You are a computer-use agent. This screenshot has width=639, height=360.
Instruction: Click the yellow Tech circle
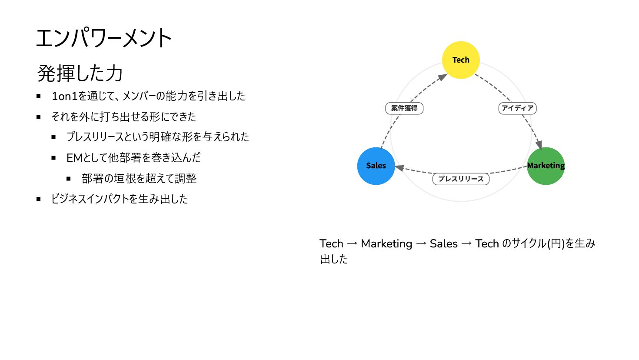pyautogui.click(x=461, y=60)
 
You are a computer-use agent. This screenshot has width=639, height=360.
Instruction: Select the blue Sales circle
pyautogui.click(x=376, y=166)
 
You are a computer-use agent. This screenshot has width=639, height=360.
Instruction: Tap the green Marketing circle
pyautogui.click(x=546, y=166)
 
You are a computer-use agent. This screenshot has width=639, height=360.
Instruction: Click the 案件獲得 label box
pyautogui.click(x=404, y=108)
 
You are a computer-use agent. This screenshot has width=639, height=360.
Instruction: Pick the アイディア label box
pyautogui.click(x=517, y=108)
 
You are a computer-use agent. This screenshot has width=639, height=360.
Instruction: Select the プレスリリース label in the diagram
pyautogui.click(x=461, y=179)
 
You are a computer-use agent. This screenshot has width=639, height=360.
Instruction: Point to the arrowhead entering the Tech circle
pyautogui.click(x=443, y=77)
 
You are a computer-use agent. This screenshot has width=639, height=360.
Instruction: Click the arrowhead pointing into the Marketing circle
pyautogui.click(x=539, y=144)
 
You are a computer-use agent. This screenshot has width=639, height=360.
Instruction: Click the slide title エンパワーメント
pyautogui.click(x=104, y=38)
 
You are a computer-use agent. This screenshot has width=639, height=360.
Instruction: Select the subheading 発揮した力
pyautogui.click(x=80, y=73)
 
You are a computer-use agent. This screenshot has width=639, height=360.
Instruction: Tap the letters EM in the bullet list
pyautogui.click(x=74, y=158)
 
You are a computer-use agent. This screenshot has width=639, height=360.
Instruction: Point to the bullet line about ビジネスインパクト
pyautogui.click(x=120, y=199)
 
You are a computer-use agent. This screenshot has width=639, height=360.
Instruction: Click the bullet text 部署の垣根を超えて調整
pyautogui.click(x=139, y=179)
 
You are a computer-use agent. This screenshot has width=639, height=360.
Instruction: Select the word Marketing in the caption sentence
pyautogui.click(x=386, y=244)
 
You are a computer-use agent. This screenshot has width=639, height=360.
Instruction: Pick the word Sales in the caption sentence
pyautogui.click(x=443, y=244)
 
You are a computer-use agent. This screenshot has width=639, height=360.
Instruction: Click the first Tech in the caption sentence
pyautogui.click(x=331, y=244)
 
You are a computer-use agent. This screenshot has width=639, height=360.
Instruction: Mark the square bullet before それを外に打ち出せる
pyautogui.click(x=39, y=117)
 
